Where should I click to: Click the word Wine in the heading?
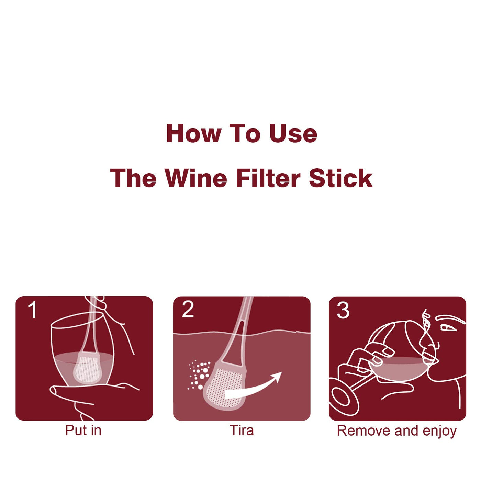(x=196, y=178)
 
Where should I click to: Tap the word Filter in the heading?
(x=268, y=178)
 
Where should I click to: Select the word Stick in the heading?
(x=341, y=178)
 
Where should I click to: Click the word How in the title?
(x=194, y=133)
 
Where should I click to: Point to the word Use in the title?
(x=293, y=133)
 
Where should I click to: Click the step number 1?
(x=32, y=310)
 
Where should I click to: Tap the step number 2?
(x=188, y=310)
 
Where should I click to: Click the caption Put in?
(x=83, y=430)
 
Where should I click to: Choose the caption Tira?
(x=242, y=430)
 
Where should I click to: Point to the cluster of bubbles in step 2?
(x=199, y=375)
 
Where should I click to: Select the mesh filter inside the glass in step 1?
(x=87, y=368)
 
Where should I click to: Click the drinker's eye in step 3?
(x=448, y=328)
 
